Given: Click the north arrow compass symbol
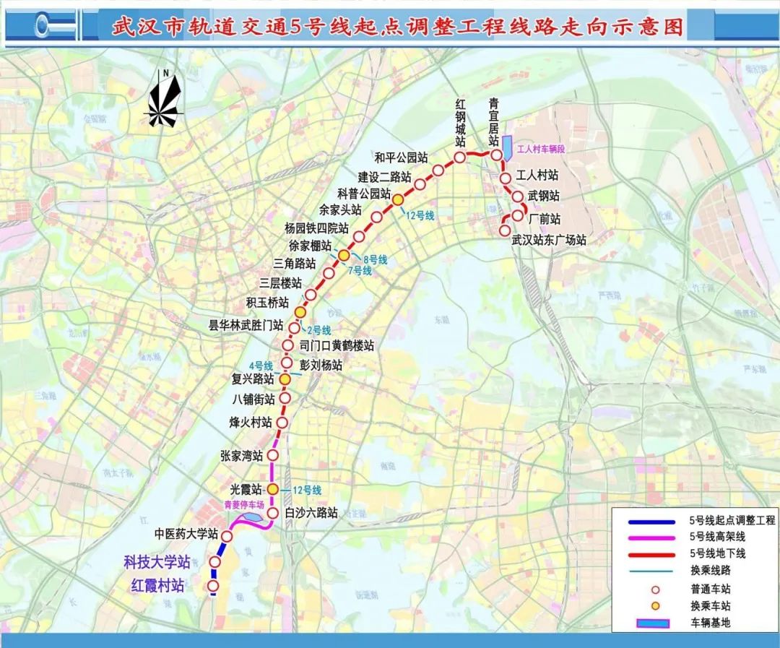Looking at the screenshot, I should [165, 101].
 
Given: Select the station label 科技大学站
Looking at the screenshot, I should [157, 561].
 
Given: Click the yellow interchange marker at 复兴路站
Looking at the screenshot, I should [285, 379].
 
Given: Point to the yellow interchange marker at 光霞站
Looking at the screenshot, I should [273, 490].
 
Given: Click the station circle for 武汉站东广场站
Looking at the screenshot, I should [505, 230].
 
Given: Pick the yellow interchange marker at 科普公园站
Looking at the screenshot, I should [397, 199].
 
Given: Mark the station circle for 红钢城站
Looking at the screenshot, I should [459, 157].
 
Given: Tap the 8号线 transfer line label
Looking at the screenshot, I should [376, 259].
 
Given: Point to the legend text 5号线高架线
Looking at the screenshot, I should [716, 536].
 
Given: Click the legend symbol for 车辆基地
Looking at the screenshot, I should [647, 622].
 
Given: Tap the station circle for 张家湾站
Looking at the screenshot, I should [273, 455].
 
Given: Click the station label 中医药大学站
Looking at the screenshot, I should [186, 534].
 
